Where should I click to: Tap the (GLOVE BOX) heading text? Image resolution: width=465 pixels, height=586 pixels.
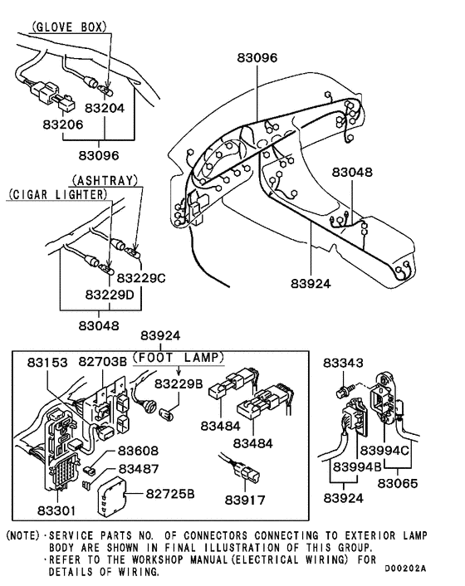point(69,27)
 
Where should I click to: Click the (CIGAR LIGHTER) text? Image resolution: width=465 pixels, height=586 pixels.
point(59,194)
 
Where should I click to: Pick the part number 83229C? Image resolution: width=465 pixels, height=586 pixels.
point(140,278)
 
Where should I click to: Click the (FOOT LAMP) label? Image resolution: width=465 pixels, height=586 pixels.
point(180,358)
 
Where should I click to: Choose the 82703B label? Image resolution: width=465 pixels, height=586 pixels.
point(103,363)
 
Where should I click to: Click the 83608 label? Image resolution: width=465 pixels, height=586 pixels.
point(138,450)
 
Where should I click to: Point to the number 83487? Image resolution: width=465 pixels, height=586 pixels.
point(139,469)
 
